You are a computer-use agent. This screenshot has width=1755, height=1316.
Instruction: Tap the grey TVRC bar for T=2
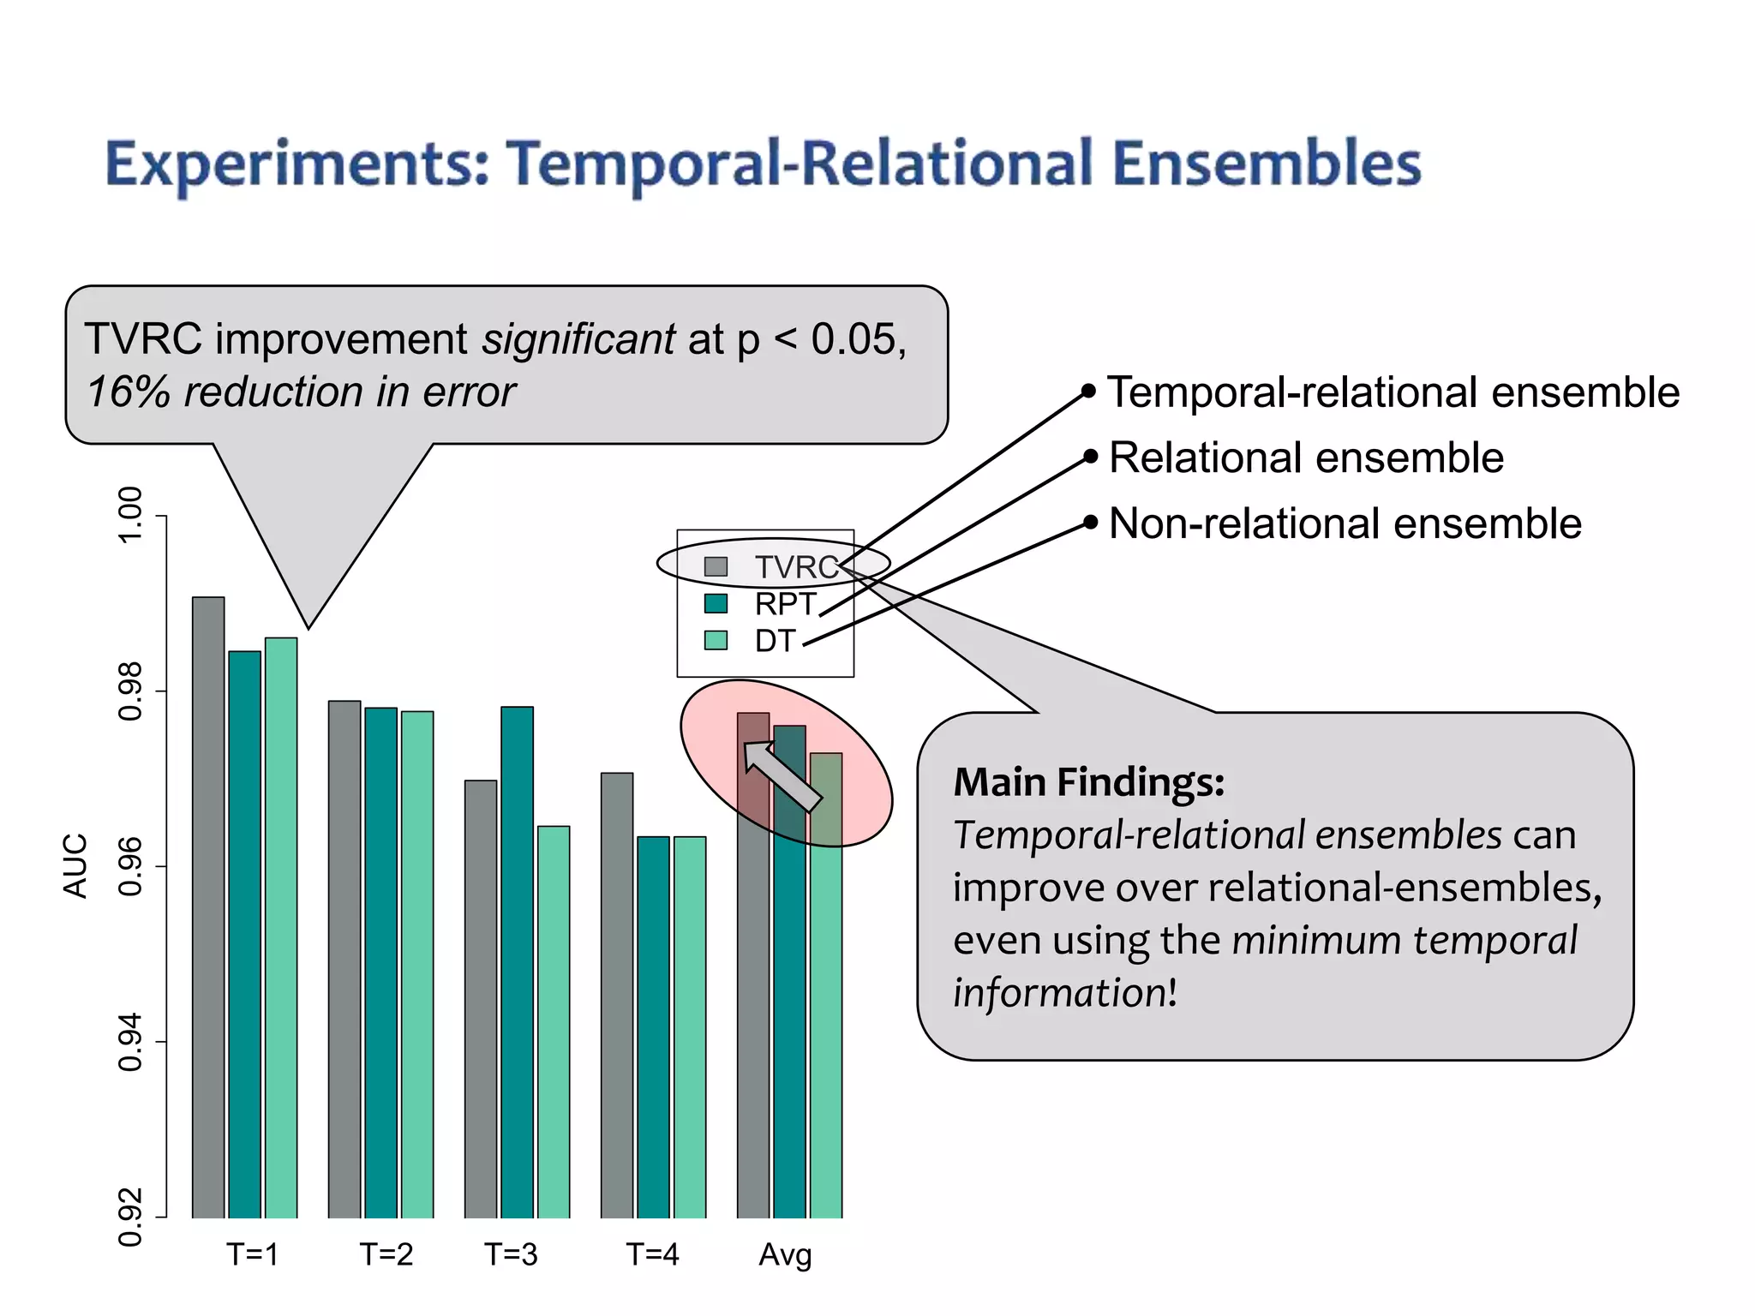344,959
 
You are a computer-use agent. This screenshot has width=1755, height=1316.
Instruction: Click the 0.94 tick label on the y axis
129,1041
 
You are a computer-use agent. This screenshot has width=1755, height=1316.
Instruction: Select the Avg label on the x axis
785,1255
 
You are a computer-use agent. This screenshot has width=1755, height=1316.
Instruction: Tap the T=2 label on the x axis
386,1254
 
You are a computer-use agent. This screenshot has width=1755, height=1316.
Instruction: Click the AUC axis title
75,865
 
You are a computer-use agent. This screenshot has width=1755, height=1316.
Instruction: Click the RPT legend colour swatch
716,604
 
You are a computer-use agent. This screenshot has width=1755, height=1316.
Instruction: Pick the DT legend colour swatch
716,640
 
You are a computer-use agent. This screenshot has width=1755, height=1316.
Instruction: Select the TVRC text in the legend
796,567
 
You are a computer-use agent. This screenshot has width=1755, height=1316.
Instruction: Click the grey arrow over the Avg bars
781,775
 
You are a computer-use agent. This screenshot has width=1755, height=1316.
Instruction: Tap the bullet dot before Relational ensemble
1090,457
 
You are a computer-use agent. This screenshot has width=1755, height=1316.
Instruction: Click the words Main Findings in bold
1088,781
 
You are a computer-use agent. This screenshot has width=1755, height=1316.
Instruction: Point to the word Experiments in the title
296,164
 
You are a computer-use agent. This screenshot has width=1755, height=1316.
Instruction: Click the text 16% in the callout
129,392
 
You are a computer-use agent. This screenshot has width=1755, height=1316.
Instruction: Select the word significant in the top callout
578,339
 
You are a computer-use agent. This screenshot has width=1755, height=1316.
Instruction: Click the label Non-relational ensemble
1345,523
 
